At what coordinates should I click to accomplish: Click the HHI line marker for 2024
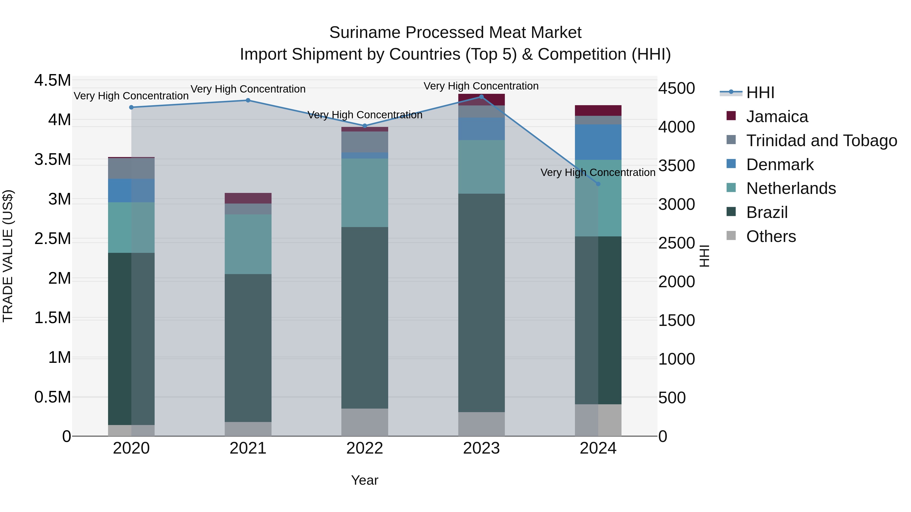point(598,184)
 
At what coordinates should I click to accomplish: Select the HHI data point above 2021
point(248,100)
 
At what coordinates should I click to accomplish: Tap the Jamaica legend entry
point(777,117)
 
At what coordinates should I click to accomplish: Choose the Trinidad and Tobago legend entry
point(821,141)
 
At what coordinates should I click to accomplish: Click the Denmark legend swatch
point(731,164)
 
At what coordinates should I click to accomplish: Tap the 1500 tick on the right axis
point(676,321)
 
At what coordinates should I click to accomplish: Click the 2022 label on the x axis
point(365,448)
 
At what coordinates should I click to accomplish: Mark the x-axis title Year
point(365,480)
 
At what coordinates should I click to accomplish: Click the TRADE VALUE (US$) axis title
point(8,256)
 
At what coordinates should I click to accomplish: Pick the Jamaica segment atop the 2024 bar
point(598,110)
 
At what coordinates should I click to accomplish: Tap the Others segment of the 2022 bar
point(365,422)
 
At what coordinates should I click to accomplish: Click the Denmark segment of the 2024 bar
point(598,142)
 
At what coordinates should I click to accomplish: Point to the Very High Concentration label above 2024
point(598,172)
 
